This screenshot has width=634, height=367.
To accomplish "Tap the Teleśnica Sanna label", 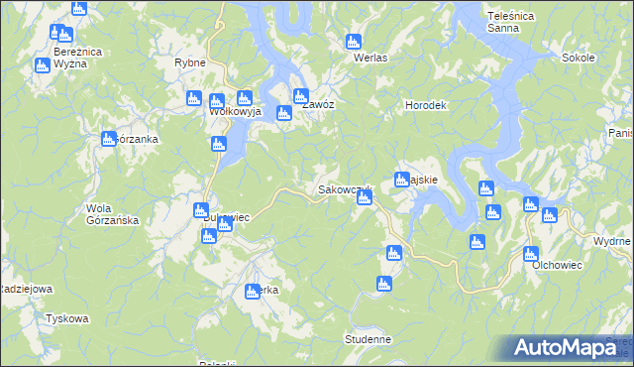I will [510, 23].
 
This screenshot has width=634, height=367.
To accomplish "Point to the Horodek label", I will [428, 105].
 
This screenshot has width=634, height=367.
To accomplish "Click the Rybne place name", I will [189, 61].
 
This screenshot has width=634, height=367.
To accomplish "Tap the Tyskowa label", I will [67, 319].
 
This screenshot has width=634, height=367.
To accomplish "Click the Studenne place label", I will [369, 339].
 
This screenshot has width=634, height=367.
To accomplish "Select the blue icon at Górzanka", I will [108, 139].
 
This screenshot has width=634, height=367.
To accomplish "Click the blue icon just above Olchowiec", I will [531, 253].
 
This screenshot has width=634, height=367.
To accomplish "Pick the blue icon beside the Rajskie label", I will [402, 180].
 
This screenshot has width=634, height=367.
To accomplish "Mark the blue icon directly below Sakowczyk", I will [365, 198].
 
